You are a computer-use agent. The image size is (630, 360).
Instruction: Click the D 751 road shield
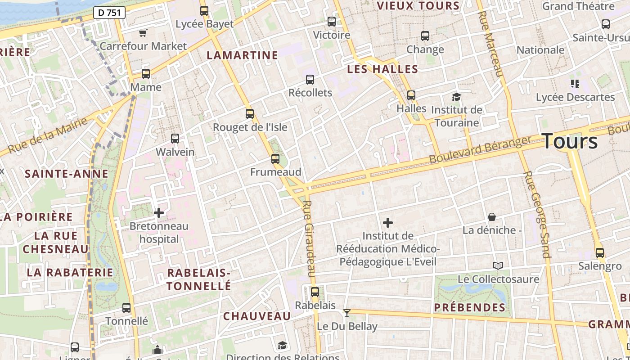tap(109, 13)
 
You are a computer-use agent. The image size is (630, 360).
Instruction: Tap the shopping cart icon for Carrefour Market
tap(143, 33)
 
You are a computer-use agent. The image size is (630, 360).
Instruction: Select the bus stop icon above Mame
tap(146, 74)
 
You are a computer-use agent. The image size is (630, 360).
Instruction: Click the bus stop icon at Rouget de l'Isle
tap(250, 114)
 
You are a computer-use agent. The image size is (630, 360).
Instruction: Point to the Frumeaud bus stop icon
tap(275, 159)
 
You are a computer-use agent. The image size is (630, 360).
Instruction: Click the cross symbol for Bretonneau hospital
tap(159, 213)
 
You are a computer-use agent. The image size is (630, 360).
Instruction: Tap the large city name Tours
tap(570, 141)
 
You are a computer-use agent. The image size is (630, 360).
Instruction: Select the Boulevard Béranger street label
tap(480, 150)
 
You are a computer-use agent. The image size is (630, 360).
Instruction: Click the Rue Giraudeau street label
tap(308, 238)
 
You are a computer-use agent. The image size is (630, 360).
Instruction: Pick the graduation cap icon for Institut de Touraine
tap(456, 97)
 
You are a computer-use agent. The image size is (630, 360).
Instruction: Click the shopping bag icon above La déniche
tap(492, 217)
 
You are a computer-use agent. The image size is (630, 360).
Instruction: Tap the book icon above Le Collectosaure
tap(498, 266)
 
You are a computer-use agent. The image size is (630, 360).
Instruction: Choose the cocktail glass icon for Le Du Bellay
tap(346, 313)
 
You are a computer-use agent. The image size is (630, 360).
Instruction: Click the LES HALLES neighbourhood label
tap(383, 69)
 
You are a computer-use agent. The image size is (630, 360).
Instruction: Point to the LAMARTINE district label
tap(242, 55)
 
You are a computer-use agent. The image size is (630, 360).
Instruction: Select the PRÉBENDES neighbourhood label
tap(470, 308)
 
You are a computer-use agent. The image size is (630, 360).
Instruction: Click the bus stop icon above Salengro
tap(599, 253)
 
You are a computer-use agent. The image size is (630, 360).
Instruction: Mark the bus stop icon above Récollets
tap(310, 80)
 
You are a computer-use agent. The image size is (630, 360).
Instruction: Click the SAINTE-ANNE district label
tap(67, 174)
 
